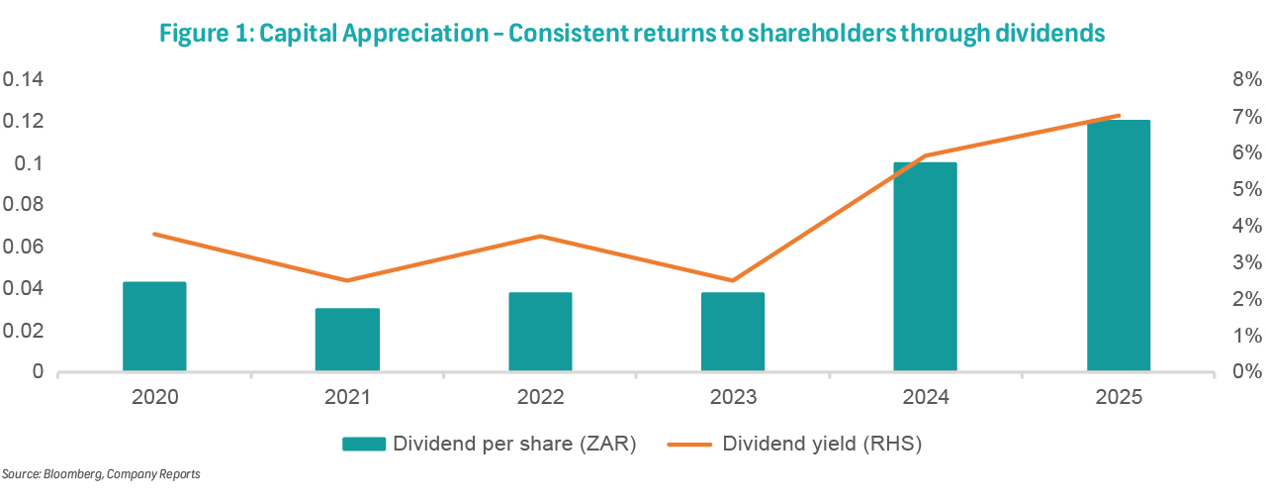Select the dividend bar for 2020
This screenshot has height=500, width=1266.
tap(154, 327)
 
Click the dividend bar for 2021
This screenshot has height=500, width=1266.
tap(347, 340)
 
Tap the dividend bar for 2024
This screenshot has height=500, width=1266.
tap(925, 266)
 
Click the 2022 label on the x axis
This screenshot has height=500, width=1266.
tap(540, 397)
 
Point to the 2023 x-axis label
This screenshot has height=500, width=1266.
tap(733, 397)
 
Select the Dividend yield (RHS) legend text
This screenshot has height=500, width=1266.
tap(822, 444)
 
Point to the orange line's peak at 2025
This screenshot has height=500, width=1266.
tap(1118, 116)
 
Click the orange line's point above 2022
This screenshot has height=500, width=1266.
tap(540, 236)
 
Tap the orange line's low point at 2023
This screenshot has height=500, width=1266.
tap(733, 280)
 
